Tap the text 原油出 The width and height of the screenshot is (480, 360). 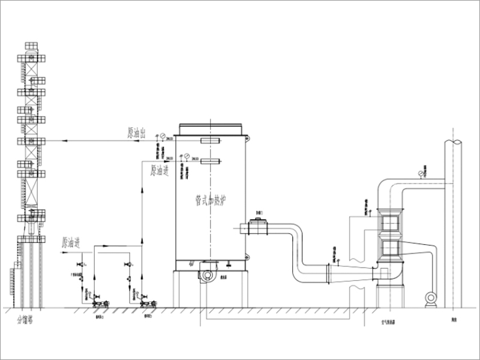point(136,133)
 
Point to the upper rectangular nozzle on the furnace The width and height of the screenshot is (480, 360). point(210,140)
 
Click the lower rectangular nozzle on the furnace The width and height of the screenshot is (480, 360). point(210,160)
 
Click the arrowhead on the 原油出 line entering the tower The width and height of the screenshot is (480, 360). point(47,141)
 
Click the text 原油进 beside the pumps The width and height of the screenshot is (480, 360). point(71,243)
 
